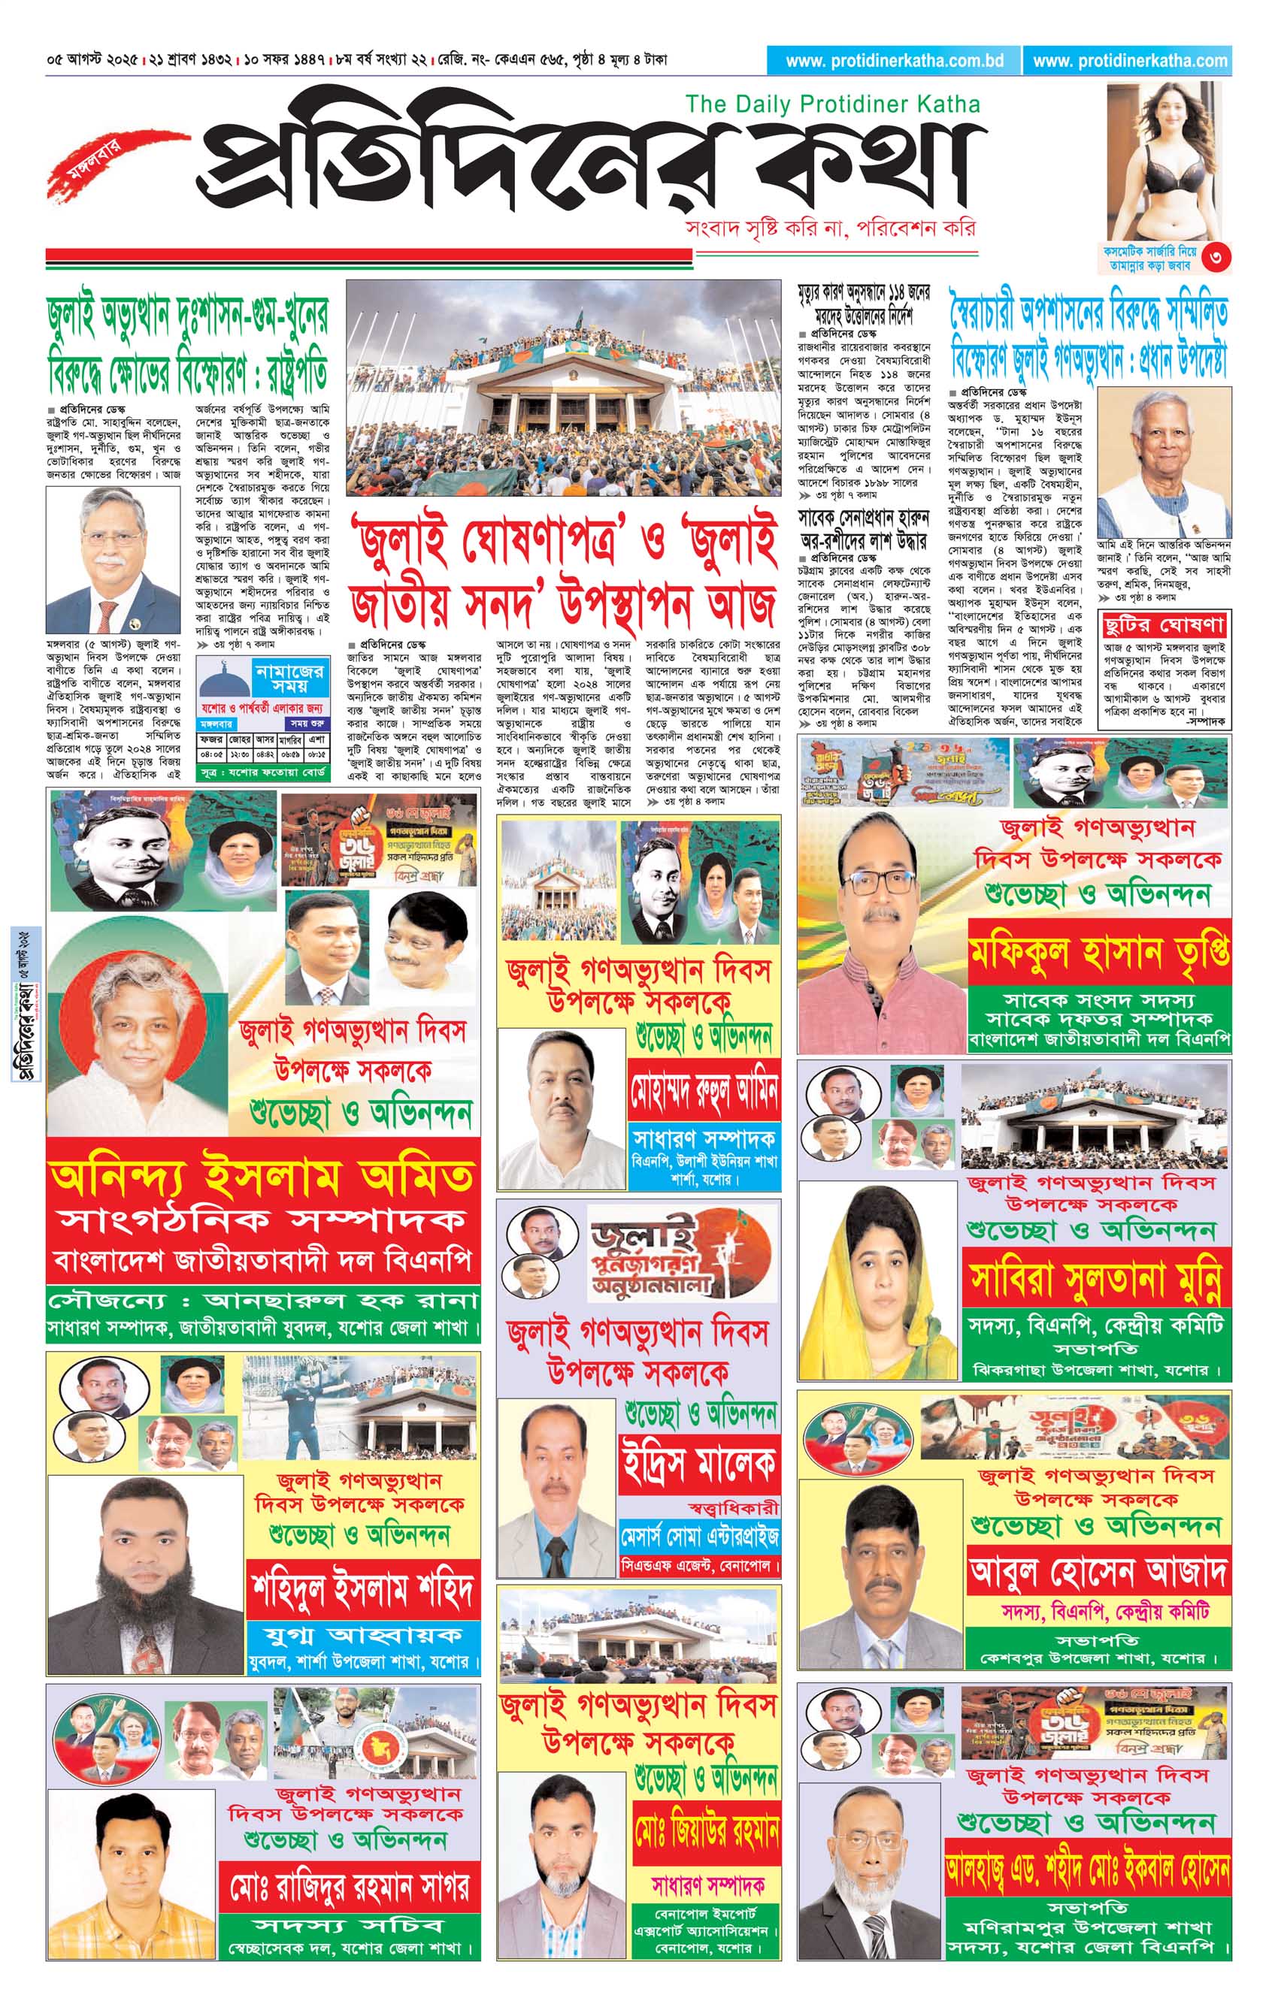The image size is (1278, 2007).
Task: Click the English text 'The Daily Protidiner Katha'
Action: (832, 104)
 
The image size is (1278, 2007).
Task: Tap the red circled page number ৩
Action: (1219, 258)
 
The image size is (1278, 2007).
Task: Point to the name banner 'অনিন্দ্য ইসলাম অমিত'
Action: (262, 1176)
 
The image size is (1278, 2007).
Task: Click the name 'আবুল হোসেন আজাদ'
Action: (1098, 1571)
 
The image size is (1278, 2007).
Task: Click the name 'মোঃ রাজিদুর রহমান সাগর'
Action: (350, 1885)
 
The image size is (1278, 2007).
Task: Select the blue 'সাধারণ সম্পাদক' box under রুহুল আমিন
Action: (704, 1138)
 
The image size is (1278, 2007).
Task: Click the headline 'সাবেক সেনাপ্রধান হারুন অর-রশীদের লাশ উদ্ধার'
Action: (864, 528)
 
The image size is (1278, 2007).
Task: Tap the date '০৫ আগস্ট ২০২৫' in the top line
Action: (93, 60)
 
